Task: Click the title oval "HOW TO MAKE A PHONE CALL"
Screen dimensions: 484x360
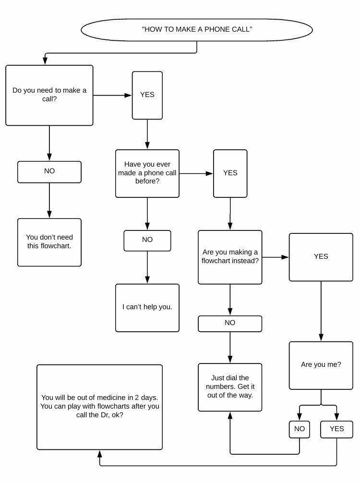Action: (x=197, y=29)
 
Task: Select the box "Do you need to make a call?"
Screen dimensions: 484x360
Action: (x=49, y=95)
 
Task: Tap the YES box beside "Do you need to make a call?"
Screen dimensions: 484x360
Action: (x=147, y=95)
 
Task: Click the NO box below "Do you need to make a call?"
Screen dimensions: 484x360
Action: (x=49, y=172)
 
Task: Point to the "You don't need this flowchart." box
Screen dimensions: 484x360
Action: (x=49, y=242)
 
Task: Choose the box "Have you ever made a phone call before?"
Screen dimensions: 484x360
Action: (x=147, y=173)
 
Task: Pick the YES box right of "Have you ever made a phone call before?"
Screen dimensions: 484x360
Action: (x=230, y=173)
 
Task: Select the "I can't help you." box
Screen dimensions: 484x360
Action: (x=147, y=307)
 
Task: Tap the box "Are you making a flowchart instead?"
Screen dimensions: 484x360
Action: (x=230, y=257)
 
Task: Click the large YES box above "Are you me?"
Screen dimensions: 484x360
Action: (x=321, y=257)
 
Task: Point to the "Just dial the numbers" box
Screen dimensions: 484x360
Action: (x=230, y=387)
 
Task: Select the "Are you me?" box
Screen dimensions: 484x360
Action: (x=321, y=365)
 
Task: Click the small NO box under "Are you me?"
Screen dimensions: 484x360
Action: (x=300, y=429)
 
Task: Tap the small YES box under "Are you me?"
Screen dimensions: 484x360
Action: (x=336, y=429)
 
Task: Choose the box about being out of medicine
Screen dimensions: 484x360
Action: (x=100, y=407)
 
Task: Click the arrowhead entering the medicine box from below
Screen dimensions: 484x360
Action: (x=100, y=454)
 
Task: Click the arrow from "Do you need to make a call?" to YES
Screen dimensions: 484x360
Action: (x=112, y=95)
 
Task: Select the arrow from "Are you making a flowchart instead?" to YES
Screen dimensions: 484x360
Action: (x=275, y=257)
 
